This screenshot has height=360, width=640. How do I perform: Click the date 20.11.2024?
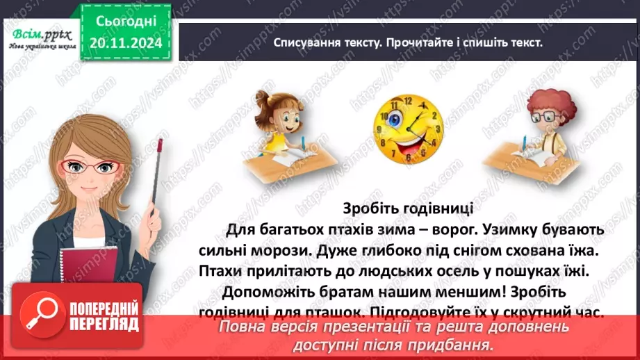pyautogui.click(x=125, y=42)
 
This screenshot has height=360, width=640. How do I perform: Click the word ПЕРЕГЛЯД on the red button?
pyautogui.click(x=104, y=324)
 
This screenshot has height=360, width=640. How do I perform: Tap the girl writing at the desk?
pyautogui.click(x=274, y=132)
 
